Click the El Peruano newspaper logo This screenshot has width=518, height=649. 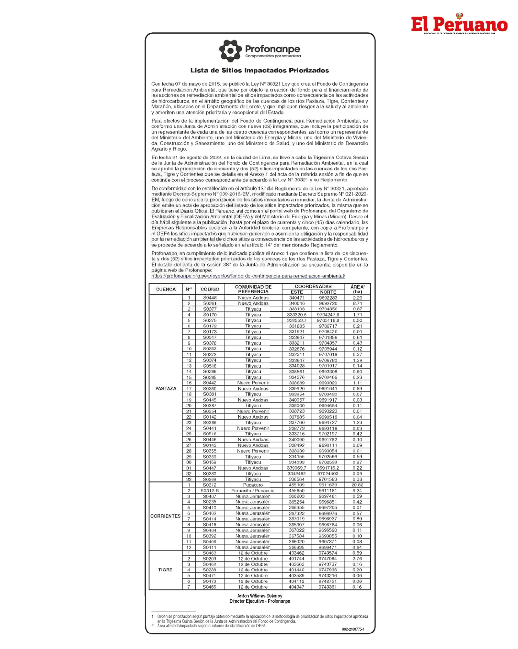point(459,24)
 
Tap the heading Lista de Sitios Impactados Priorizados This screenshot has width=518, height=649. point(259,70)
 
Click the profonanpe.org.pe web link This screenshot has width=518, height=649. point(248,276)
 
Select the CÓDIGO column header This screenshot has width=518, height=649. point(210,289)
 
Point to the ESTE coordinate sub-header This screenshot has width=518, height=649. point(297,292)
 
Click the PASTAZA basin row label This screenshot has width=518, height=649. point(165,388)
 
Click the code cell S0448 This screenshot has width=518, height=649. point(210,298)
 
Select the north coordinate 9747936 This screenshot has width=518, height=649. point(328,570)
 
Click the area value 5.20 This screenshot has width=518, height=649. point(357,570)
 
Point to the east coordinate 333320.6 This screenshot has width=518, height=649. point(297,315)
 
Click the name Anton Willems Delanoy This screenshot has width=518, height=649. point(259,596)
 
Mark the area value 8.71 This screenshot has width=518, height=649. point(357,303)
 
